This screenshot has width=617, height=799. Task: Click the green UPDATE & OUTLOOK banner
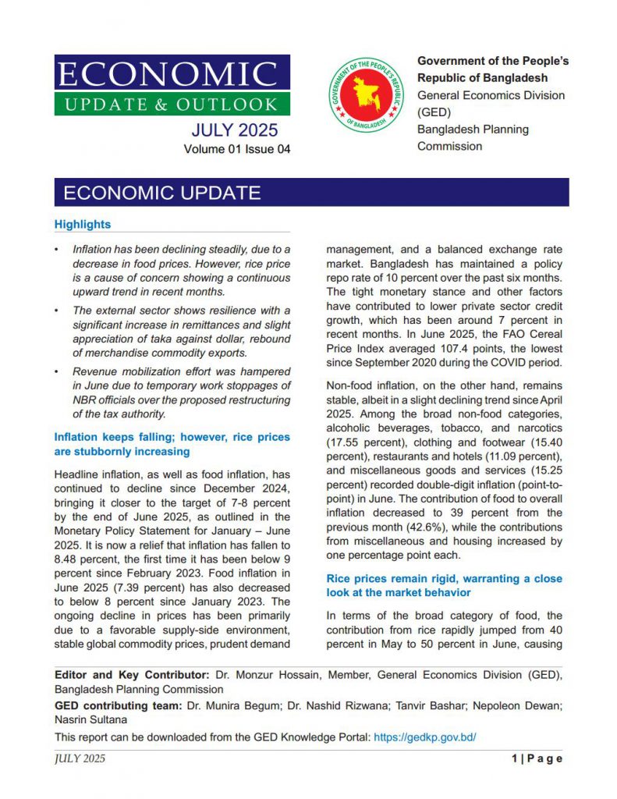coord(172,104)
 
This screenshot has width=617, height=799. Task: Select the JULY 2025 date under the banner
coord(234,130)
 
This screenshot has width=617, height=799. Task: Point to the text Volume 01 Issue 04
coord(237,149)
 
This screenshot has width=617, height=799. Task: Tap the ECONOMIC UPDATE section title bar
coord(311,193)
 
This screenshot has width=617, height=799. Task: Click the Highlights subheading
coord(83,225)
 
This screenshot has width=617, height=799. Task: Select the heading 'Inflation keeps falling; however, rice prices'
coord(172,437)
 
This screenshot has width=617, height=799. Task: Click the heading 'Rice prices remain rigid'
coord(443,579)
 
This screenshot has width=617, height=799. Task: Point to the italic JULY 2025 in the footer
coord(80,758)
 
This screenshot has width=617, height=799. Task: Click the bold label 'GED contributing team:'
coord(117,706)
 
